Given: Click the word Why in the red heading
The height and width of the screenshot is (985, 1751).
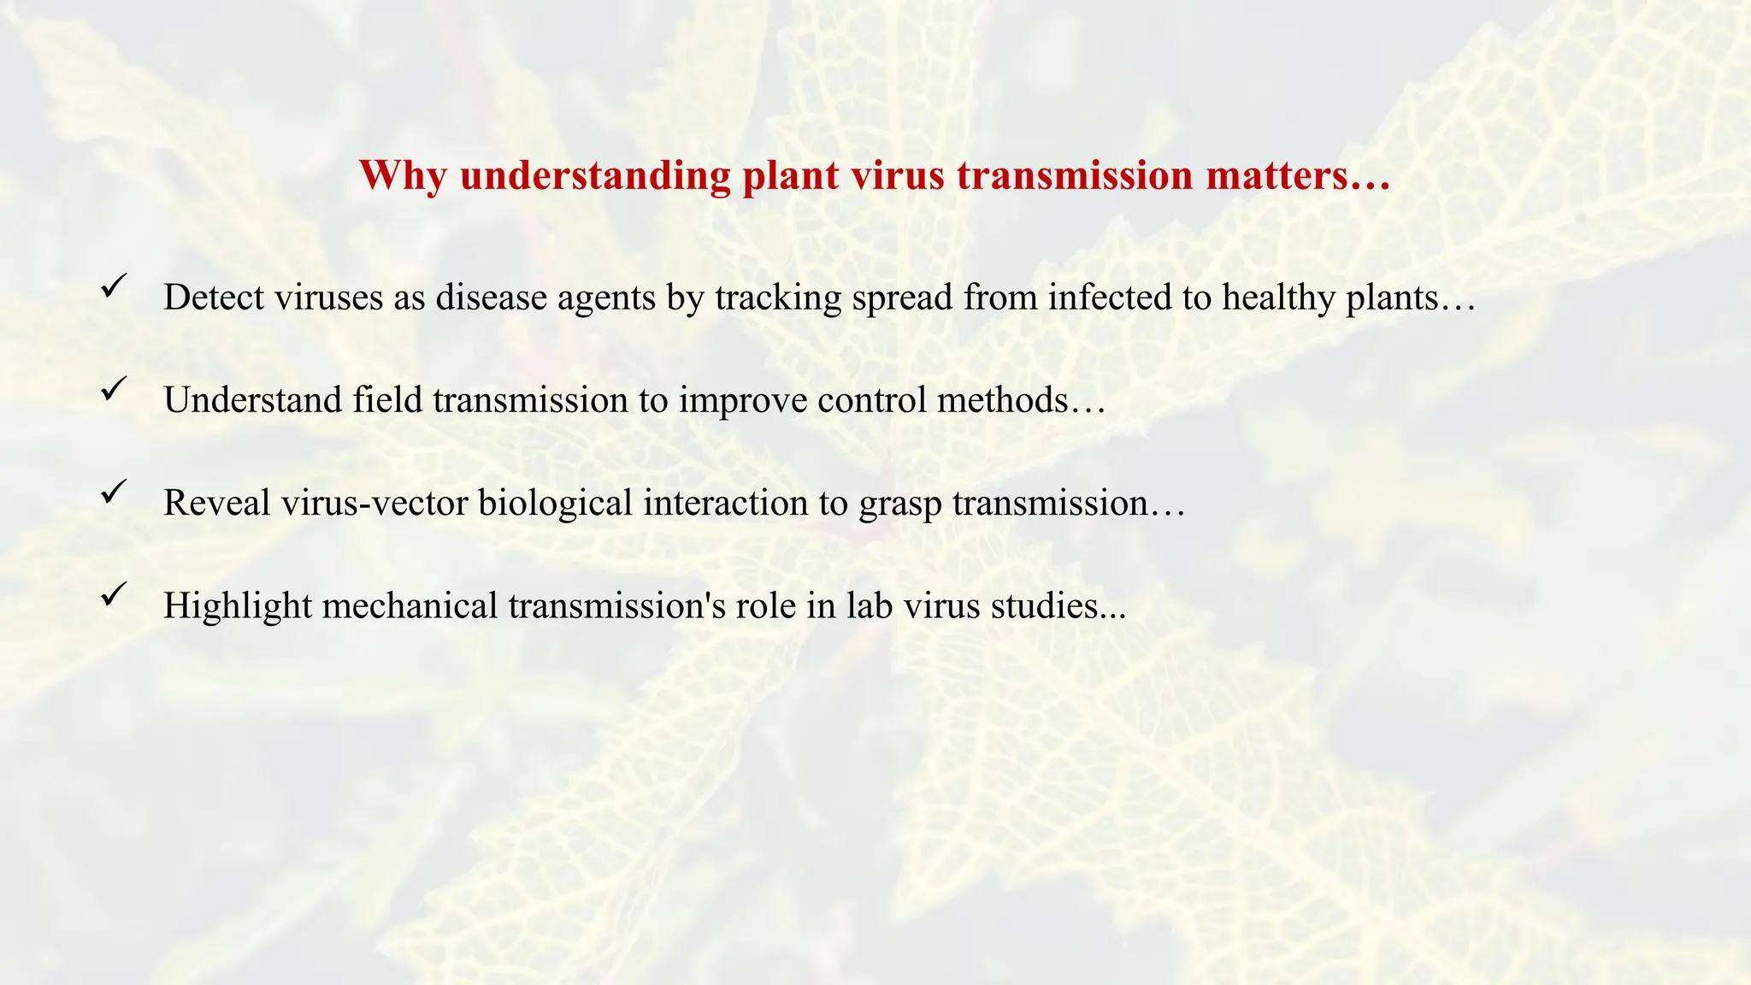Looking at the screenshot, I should (402, 176).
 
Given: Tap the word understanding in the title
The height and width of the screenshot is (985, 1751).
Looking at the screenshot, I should (595, 176).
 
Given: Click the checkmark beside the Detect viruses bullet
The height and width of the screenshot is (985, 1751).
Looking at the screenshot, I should (114, 286).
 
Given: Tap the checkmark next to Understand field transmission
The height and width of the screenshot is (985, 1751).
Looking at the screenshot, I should (114, 388).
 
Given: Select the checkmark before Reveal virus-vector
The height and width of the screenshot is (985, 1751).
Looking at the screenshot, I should (114, 491).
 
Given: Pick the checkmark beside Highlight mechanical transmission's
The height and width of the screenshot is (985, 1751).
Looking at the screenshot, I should (114, 593).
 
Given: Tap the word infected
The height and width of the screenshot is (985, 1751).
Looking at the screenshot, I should (1111, 298).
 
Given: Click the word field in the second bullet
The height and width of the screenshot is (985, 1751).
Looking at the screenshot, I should (387, 400).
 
